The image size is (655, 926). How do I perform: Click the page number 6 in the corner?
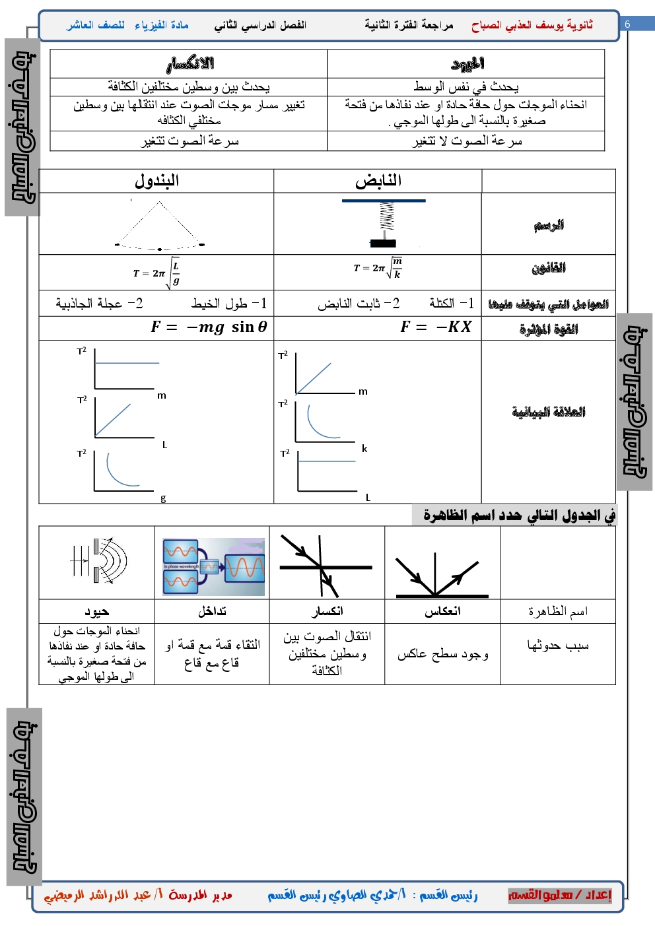[x=627, y=24]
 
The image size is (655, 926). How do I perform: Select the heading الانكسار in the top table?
[x=190, y=64]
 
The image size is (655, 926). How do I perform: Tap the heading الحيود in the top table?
[x=467, y=64]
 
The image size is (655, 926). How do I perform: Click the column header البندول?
[x=157, y=181]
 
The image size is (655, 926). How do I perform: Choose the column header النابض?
[x=378, y=181]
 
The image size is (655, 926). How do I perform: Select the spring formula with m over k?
[x=378, y=268]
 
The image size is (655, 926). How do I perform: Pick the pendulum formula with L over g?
[x=157, y=273]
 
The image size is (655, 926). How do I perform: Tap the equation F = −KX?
[x=436, y=327]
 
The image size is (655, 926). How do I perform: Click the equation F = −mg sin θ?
[x=209, y=327]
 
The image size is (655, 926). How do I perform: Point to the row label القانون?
[x=549, y=268]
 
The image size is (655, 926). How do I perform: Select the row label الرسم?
[x=549, y=225]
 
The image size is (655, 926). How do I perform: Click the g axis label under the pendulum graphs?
[x=163, y=498]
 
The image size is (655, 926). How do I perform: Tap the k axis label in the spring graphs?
[x=364, y=449]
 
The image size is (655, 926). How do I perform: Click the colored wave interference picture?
[x=213, y=566]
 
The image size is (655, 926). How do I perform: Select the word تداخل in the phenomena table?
[x=212, y=612]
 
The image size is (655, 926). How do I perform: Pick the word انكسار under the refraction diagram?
[x=327, y=612]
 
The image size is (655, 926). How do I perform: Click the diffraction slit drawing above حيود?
[x=99, y=562]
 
